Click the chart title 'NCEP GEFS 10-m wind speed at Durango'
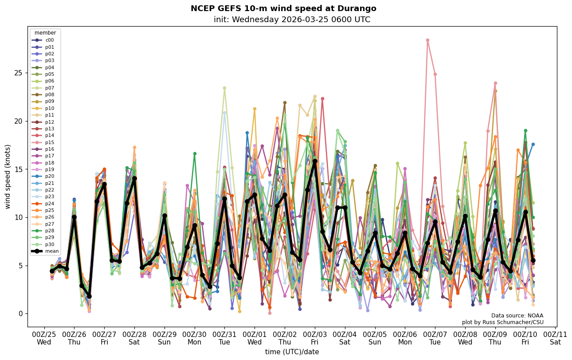(283, 8)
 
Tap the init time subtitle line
(292, 20)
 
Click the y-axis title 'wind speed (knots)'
(8, 176)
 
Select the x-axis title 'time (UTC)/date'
(292, 352)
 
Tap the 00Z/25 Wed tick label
(44, 338)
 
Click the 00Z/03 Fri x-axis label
(315, 338)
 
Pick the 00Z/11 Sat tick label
(556, 338)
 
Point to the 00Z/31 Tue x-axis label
(224, 338)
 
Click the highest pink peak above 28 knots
(427, 40)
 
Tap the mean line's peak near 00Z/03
(315, 161)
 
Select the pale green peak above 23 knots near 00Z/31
(224, 88)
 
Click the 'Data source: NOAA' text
(517, 316)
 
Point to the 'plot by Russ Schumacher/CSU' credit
(503, 322)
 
